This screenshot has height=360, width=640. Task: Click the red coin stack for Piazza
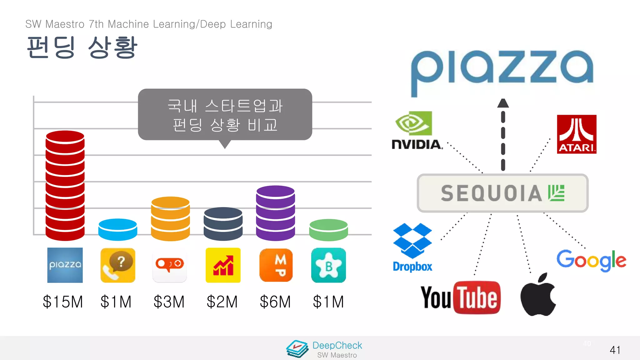click(x=65, y=186)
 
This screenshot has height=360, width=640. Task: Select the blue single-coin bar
click(x=117, y=230)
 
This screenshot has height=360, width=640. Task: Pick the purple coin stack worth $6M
click(x=275, y=213)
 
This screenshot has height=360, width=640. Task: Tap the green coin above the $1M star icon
click(x=328, y=230)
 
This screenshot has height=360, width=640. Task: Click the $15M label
click(x=63, y=302)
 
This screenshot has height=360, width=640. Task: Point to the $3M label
click(x=169, y=302)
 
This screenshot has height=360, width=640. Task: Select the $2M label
click(x=222, y=302)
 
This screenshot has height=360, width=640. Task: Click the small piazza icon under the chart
click(x=65, y=265)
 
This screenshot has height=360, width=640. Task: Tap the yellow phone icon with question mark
click(x=118, y=265)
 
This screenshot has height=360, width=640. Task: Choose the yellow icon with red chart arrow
click(x=223, y=265)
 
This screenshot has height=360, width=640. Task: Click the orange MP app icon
click(x=276, y=265)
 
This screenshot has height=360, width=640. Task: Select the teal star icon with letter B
click(x=328, y=265)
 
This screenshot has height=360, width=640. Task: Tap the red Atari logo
click(x=577, y=134)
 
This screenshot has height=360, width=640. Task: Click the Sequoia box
click(x=502, y=193)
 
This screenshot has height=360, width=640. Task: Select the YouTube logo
click(x=461, y=297)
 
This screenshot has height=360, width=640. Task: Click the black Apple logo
click(x=538, y=295)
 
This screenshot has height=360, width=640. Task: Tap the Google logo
click(x=591, y=260)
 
